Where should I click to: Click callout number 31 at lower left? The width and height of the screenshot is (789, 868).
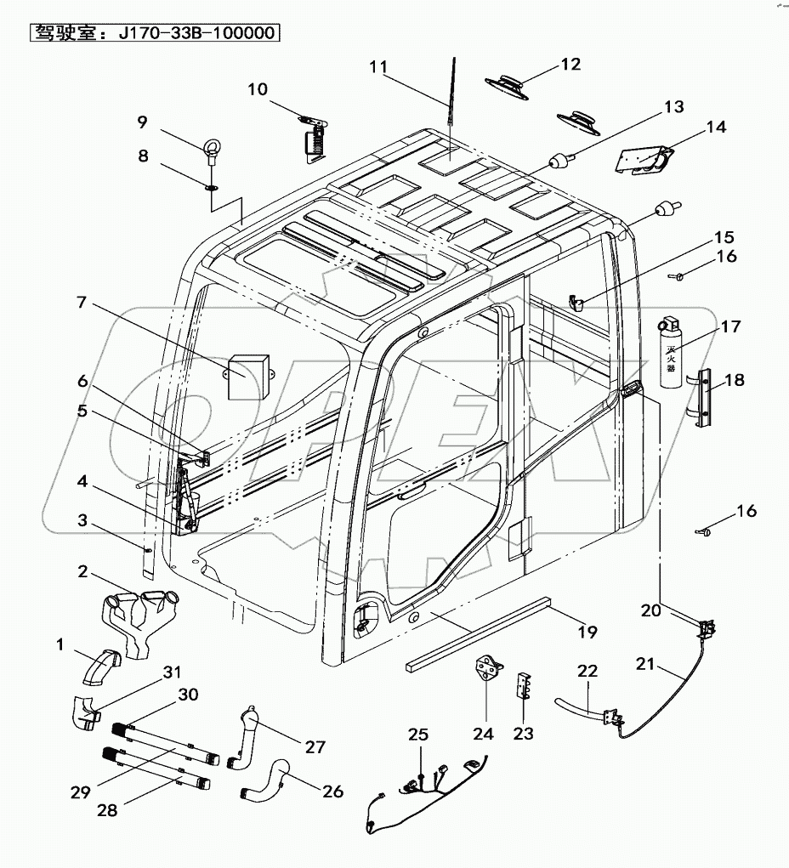pos(173,672)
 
